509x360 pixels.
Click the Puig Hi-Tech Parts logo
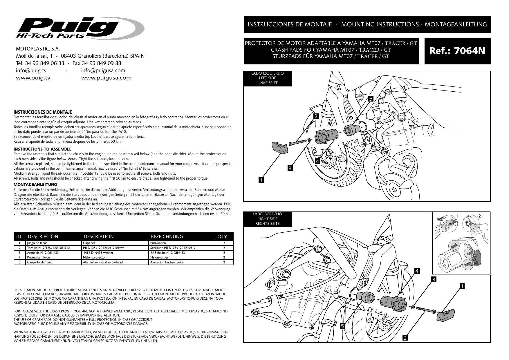[80, 28]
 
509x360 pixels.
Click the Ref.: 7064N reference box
[457, 51]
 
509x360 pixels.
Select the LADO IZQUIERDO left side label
[267, 78]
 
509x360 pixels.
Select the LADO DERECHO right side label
[267, 219]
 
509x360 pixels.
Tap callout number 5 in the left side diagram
[371, 99]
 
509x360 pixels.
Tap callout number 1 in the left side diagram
[261, 180]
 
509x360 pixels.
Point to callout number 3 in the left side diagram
[290, 168]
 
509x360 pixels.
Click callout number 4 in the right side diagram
[417, 271]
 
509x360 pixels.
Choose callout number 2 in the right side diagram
[405, 338]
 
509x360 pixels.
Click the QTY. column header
[222, 236]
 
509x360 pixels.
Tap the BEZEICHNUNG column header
[167, 236]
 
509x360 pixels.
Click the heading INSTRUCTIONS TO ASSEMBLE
[43, 149]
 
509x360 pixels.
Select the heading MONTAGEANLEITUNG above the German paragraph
[35, 184]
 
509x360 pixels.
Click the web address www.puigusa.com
[106, 78]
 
